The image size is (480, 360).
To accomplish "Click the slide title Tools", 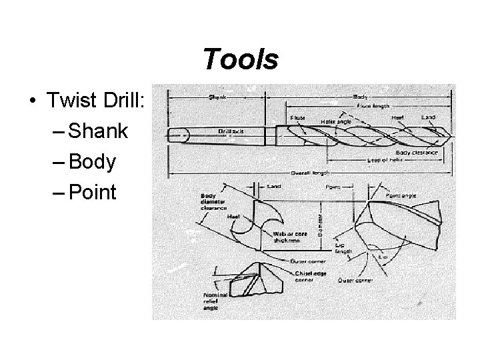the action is (240, 60).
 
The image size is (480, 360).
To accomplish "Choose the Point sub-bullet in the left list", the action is (93, 193).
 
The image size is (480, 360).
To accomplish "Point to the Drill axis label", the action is (231, 131).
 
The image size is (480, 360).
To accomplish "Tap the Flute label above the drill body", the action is (297, 118).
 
